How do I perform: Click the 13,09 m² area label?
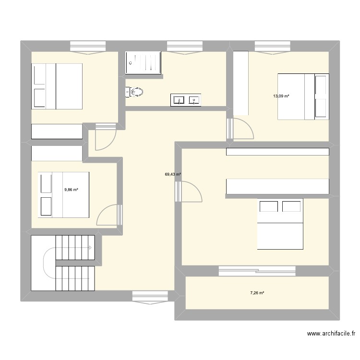pos(281,96)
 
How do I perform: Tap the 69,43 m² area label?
pos(173,174)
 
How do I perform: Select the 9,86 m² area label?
pos(71,190)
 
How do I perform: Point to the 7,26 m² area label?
pos(257,293)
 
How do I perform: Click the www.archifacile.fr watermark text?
pos(331,334)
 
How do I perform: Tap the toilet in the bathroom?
pos(134,92)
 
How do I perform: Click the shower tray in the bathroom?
pos(143,63)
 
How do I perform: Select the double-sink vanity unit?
pos(186,100)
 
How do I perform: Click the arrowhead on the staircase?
pos(90,248)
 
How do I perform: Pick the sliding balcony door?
pos(257,271)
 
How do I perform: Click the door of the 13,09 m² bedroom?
pos(240,129)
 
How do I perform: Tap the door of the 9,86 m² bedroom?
pos(109,215)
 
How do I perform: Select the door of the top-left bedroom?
pos(106,137)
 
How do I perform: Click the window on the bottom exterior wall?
pos(150,298)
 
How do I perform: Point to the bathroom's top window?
pos(185,48)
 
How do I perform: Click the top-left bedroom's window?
pos(88,48)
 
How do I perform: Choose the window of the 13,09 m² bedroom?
pos(273,48)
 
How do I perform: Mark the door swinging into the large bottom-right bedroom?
pos(189,192)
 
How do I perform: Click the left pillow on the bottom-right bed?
pos(269,206)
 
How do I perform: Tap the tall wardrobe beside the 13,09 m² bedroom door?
pos(241,83)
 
